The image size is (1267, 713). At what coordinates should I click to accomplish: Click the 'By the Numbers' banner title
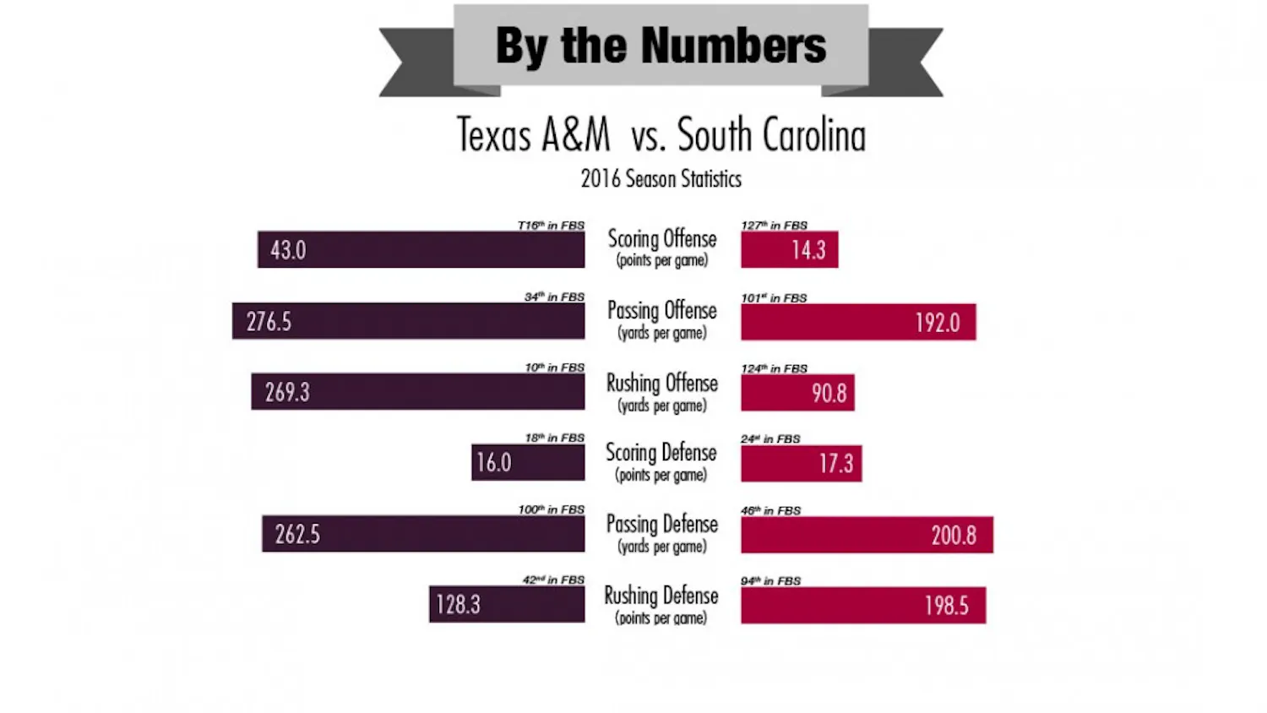point(661,46)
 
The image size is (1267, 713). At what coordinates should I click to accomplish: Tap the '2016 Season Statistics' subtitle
point(661,179)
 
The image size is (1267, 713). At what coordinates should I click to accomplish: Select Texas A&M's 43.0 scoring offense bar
point(421,249)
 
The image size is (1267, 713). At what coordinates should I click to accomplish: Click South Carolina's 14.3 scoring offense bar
point(789,249)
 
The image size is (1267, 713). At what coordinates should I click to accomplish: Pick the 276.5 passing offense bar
point(408,321)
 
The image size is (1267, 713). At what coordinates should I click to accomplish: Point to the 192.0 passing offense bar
point(858,322)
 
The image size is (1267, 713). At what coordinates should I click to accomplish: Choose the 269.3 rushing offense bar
point(417,392)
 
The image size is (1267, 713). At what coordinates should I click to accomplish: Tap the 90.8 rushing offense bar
point(797,393)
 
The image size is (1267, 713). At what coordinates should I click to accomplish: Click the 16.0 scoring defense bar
point(528,463)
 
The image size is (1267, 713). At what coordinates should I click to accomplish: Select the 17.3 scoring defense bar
point(801,463)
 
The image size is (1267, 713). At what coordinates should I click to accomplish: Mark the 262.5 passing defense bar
point(423,534)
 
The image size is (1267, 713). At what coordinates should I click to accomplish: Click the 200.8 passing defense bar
point(867,535)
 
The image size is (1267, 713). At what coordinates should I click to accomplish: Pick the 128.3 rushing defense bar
point(507,604)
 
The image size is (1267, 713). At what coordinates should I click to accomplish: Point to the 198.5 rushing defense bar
point(862,605)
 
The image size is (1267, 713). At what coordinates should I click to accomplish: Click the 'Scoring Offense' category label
point(662,239)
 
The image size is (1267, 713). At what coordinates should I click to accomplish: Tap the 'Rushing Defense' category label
point(661,596)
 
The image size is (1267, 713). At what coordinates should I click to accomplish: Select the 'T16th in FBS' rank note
point(551,226)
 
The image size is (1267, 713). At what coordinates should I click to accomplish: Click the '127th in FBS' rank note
point(774,226)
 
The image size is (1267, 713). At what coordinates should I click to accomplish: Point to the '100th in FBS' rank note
point(551,509)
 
